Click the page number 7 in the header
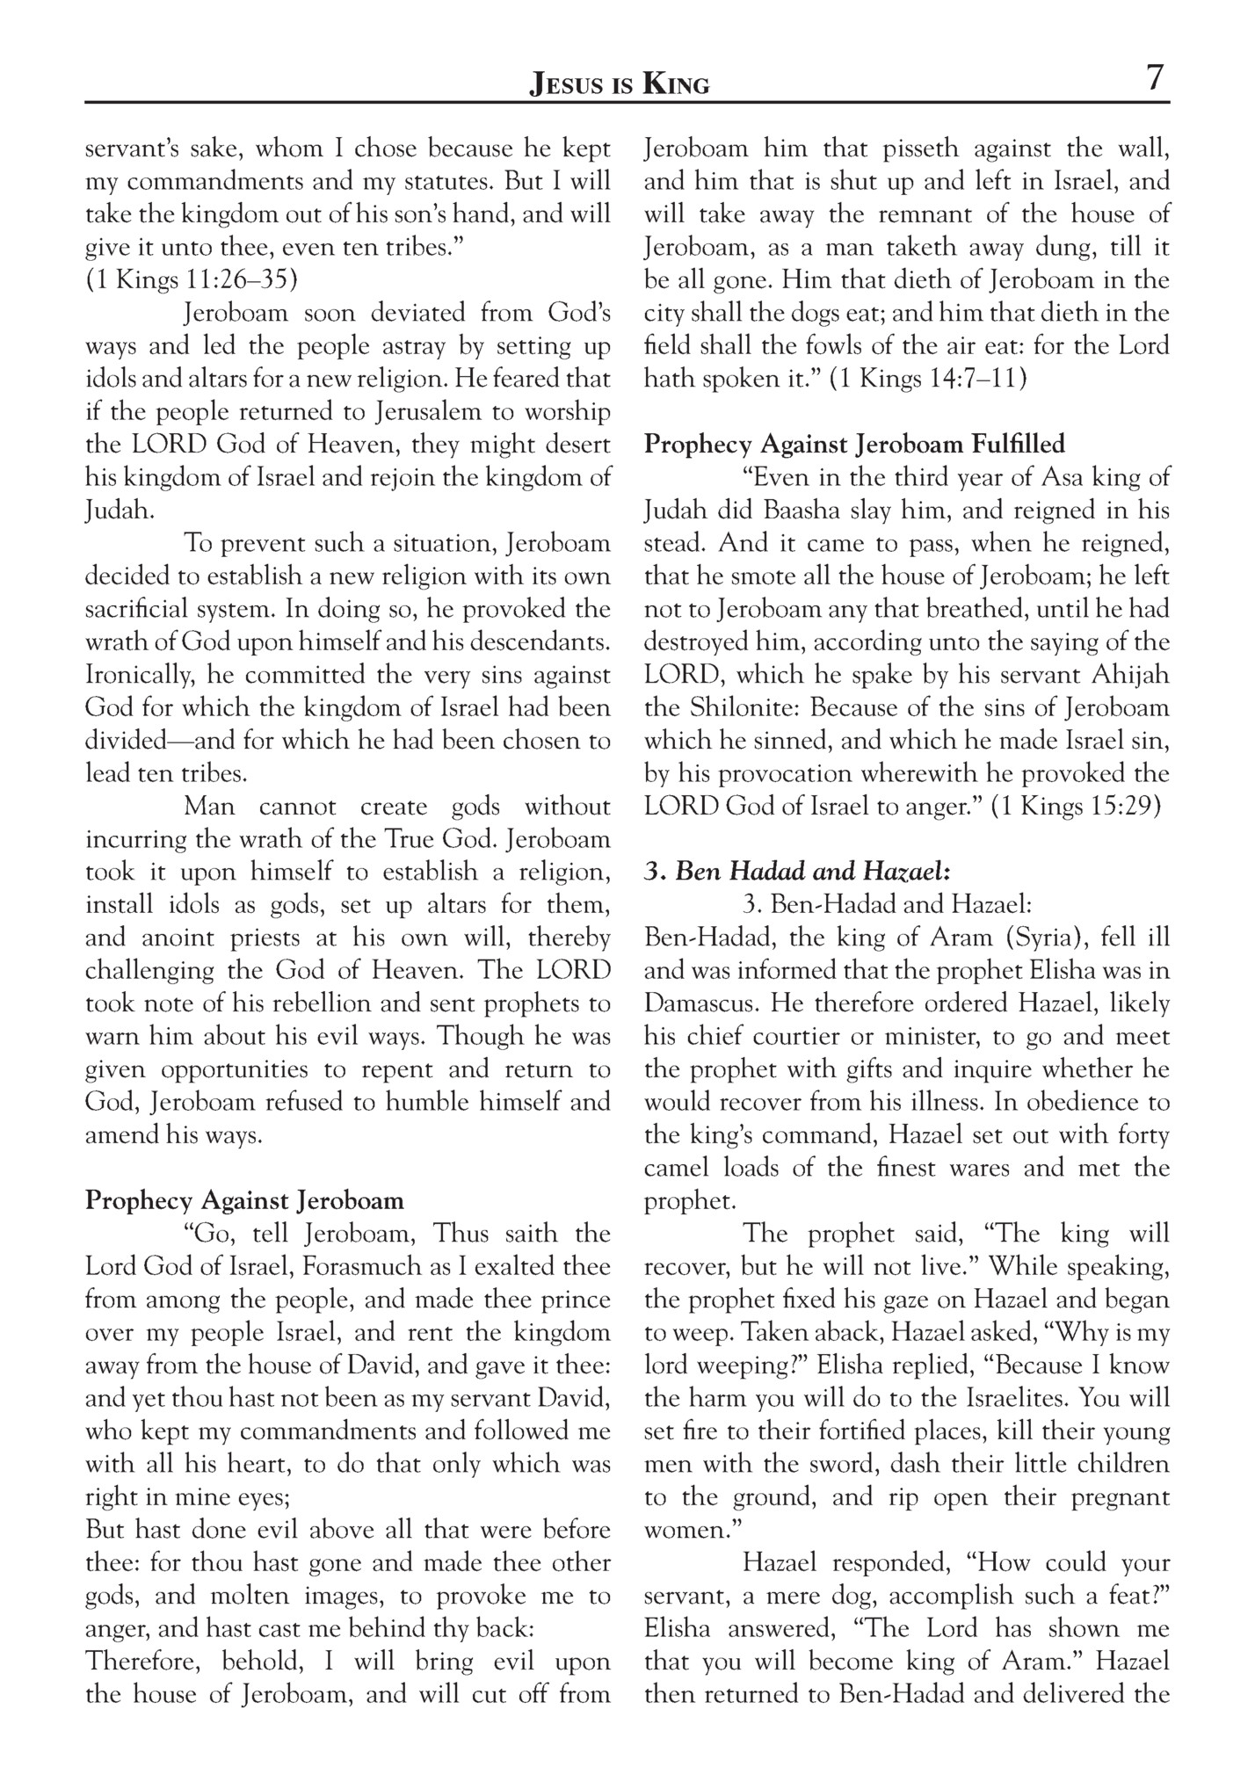[1154, 78]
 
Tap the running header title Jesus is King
[619, 84]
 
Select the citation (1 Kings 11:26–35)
[192, 280]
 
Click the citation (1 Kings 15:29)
[1077, 807]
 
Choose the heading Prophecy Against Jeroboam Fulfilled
[854, 444]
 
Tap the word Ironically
[139, 675]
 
